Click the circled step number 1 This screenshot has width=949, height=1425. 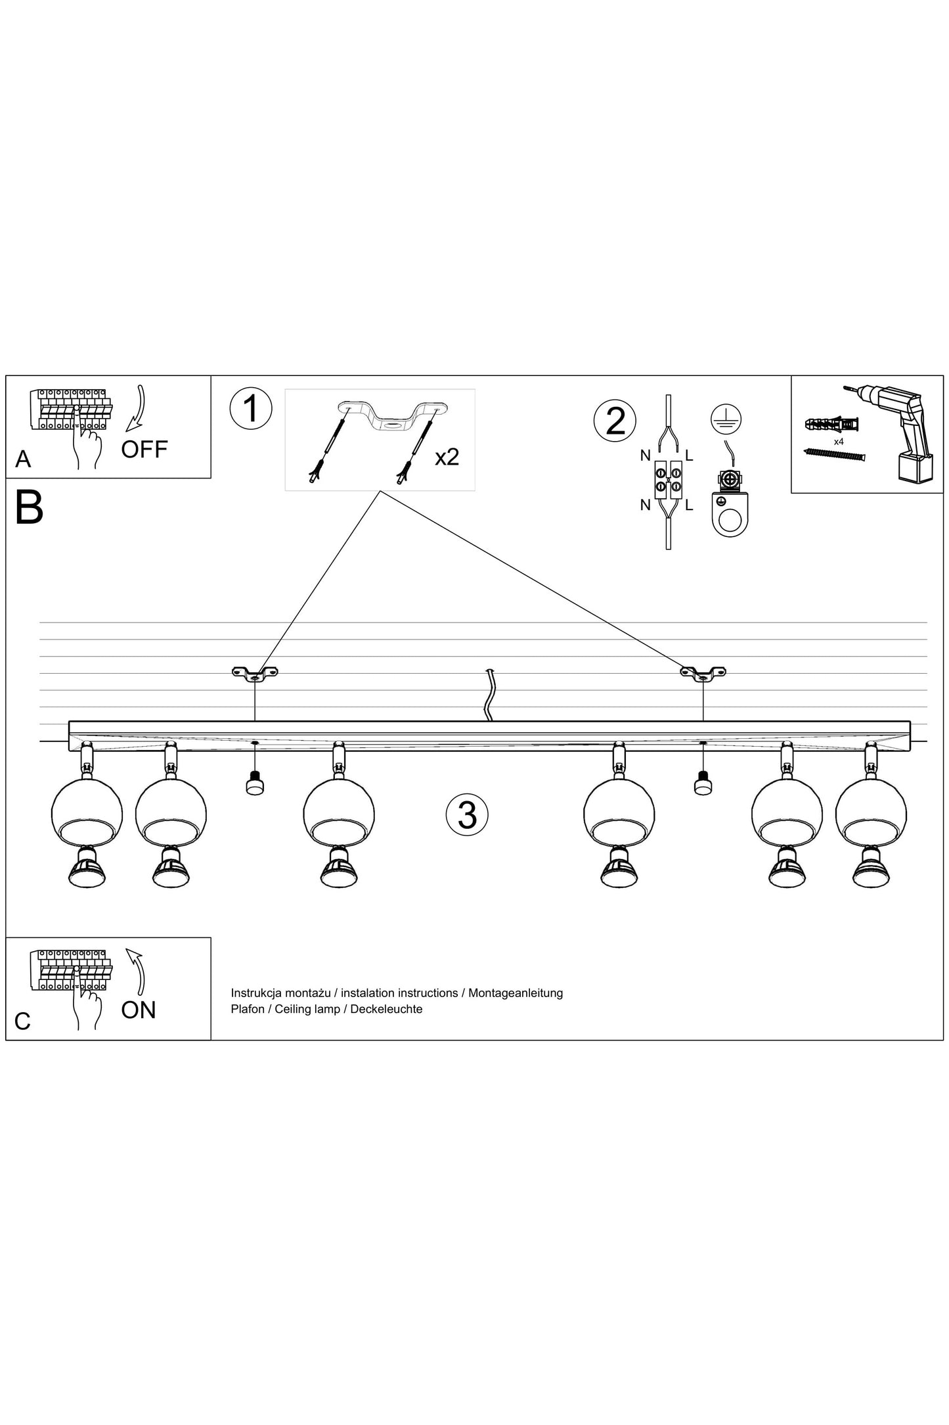tap(250, 408)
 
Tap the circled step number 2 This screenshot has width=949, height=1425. tap(615, 421)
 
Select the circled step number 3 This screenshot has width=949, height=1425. tap(467, 814)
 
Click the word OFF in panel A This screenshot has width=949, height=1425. tap(144, 450)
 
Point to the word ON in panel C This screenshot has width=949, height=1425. tap(139, 1010)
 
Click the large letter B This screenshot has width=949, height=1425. tap(30, 507)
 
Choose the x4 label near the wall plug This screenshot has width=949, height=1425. tap(838, 442)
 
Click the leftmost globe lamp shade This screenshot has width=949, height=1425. tap(87, 814)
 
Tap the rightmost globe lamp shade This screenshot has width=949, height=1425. tap(871, 814)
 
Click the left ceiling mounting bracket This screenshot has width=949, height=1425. tap(255, 673)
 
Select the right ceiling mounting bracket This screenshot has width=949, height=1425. tap(703, 673)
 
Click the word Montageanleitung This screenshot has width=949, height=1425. tap(516, 993)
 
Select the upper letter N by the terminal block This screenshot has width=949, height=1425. tap(645, 455)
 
